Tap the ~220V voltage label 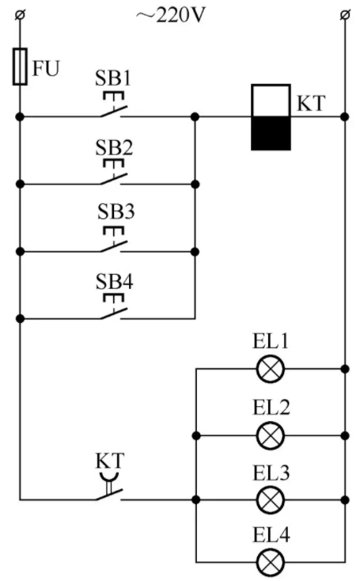[171, 16]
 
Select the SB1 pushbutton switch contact [113, 105]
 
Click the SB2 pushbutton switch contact [113, 173]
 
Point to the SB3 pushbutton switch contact [113, 240]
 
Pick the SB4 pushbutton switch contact [113, 307]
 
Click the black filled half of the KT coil [271, 134]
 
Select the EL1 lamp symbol [271, 369]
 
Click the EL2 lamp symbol [271, 435]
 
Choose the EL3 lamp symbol [271, 499]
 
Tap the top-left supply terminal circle [21, 15]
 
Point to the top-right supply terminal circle [345, 15]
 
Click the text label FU [46, 68]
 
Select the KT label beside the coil [311, 104]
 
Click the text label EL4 [271, 535]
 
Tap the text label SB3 [116, 211]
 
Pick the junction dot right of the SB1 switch [195, 117]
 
